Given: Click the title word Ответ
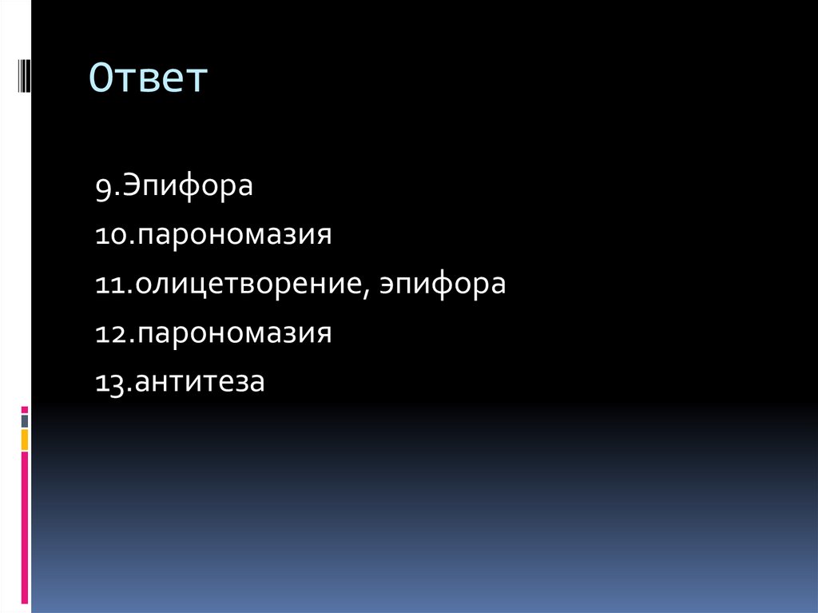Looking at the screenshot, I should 148,80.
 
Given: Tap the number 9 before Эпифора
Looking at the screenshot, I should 102,188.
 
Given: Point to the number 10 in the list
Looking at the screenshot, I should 109,237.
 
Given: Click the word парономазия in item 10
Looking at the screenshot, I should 233,237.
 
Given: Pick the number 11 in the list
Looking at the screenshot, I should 109,285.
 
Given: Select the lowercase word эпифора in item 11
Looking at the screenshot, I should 443,285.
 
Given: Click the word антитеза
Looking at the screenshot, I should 200,383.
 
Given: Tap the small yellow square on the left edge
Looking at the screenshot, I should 25,439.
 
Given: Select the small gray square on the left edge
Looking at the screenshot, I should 25,420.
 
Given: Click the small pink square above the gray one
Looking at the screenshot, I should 25,409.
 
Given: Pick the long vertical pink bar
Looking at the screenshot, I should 25,527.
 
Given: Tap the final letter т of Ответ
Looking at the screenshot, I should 197,80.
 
